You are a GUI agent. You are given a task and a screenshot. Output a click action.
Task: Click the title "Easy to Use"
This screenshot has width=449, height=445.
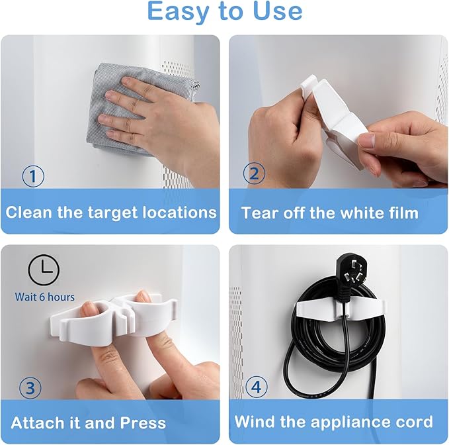point(224,12)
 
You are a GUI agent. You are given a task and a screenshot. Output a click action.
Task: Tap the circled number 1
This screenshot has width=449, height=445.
point(32,177)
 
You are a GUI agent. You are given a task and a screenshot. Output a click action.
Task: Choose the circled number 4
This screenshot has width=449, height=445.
point(257,387)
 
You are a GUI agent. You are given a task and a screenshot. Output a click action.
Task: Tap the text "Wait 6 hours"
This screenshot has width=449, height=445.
point(45,297)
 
